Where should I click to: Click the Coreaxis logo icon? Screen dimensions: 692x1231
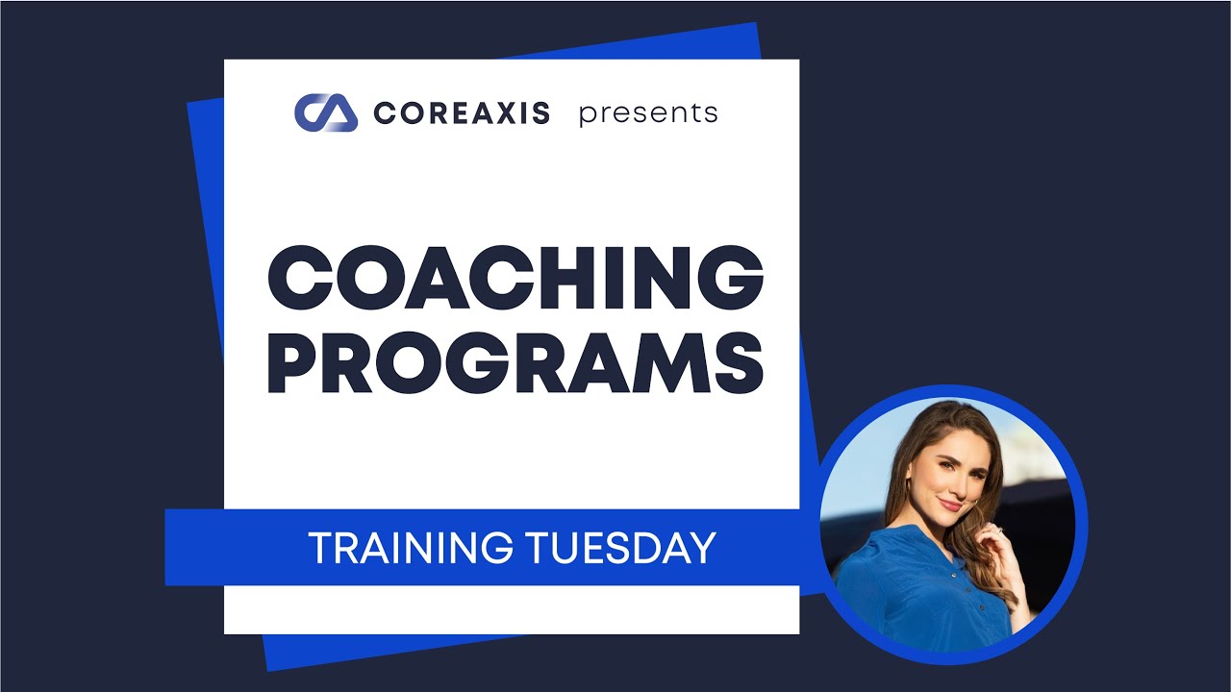(x=325, y=112)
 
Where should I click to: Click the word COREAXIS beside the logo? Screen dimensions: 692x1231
(x=462, y=113)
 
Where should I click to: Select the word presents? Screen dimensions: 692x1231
(x=647, y=113)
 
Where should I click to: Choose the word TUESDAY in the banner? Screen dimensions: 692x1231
(x=621, y=548)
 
